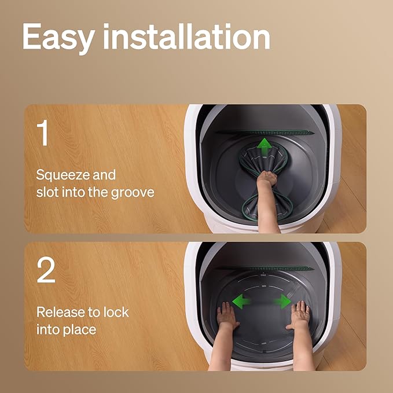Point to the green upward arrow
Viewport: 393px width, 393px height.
coord(264,146)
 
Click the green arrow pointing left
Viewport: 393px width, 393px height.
coord(241,301)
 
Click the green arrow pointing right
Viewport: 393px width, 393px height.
coord(282,302)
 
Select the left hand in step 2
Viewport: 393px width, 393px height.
coord(227,317)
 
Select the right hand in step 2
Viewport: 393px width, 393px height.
coord(299,315)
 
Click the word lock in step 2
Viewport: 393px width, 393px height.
coord(116,313)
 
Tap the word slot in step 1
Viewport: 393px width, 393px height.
coord(47,192)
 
